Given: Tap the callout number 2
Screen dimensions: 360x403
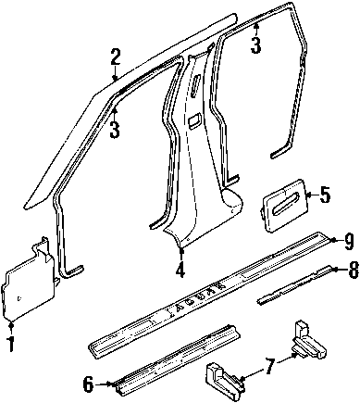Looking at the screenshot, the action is pyautogui.click(x=115, y=57).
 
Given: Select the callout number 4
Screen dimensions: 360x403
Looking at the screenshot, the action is pyautogui.click(x=180, y=269).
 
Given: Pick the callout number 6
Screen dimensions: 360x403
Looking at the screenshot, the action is pyautogui.click(x=88, y=384).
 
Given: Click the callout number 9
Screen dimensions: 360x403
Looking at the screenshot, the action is pyautogui.click(x=348, y=242).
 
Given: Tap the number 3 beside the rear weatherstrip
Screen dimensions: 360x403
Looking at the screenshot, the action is pyautogui.click(x=255, y=45).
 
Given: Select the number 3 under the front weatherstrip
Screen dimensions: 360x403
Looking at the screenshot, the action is pyautogui.click(x=114, y=130).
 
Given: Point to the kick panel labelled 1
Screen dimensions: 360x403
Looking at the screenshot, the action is pyautogui.click(x=30, y=284).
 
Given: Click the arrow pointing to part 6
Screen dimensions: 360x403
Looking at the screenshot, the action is pyautogui.click(x=104, y=384).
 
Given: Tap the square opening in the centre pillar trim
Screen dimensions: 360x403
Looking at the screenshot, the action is pyautogui.click(x=194, y=120).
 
